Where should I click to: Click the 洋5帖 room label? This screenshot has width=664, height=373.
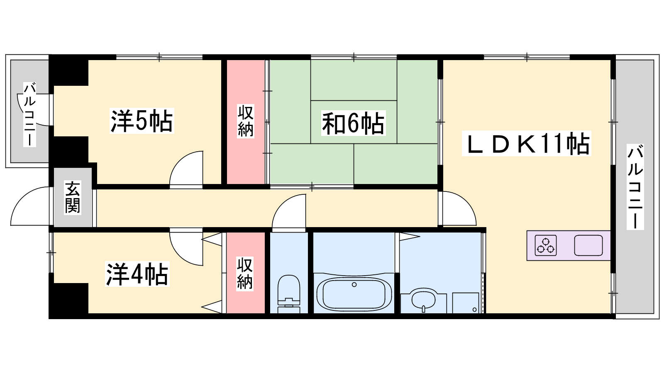click(x=142, y=121)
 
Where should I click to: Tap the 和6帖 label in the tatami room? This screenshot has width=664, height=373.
click(x=353, y=123)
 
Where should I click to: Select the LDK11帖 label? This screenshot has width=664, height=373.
click(x=527, y=144)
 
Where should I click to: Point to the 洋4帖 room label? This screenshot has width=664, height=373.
click(x=137, y=274)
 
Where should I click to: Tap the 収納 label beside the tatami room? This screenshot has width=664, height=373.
click(x=245, y=121)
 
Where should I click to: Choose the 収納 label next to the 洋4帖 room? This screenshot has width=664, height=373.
click(x=245, y=274)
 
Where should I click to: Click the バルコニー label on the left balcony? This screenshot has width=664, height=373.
click(x=29, y=115)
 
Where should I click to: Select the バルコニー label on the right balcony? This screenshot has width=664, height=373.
click(x=635, y=187)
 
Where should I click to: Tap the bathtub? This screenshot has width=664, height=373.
click(x=354, y=293)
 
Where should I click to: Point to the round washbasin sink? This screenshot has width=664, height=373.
click(x=424, y=300)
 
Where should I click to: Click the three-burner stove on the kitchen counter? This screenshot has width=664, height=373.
click(x=545, y=245)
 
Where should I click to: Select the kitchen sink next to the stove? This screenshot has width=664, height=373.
click(x=588, y=245)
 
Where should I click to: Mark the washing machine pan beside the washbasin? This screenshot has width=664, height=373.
click(x=465, y=303)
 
